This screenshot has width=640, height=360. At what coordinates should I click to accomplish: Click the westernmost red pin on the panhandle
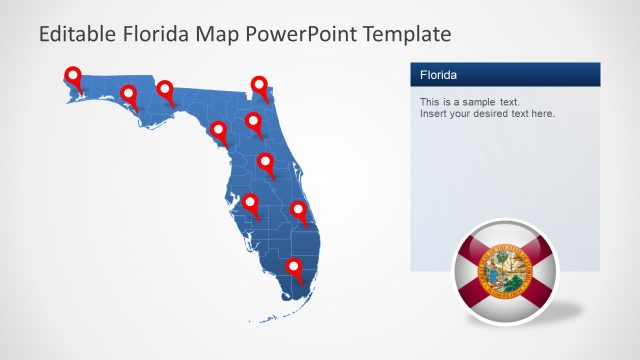point(72,75)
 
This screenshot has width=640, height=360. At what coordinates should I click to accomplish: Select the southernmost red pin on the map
point(294,268)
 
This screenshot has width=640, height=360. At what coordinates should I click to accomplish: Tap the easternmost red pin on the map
point(299,211)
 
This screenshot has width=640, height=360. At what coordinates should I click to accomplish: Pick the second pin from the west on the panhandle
point(128,95)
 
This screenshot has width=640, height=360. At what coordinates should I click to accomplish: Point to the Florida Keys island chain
point(266,318)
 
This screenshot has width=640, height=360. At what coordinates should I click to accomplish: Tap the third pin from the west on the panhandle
point(166,92)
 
